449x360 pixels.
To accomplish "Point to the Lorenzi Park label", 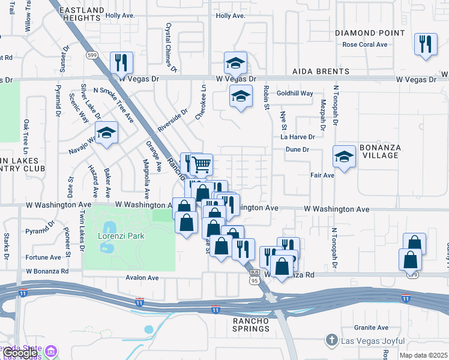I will (121, 236).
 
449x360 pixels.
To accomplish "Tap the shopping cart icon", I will (202, 164).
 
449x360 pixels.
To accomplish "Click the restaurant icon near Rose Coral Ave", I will (425, 45).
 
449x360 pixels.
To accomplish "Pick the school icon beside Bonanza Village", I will (345, 157).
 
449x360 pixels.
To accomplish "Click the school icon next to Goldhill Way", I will (241, 96).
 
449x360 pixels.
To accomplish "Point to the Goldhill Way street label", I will (295, 94).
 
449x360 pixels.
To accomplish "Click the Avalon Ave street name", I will (142, 278).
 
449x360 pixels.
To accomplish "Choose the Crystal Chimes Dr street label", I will (170, 48).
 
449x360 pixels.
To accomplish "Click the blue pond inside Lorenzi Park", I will (109, 228).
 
